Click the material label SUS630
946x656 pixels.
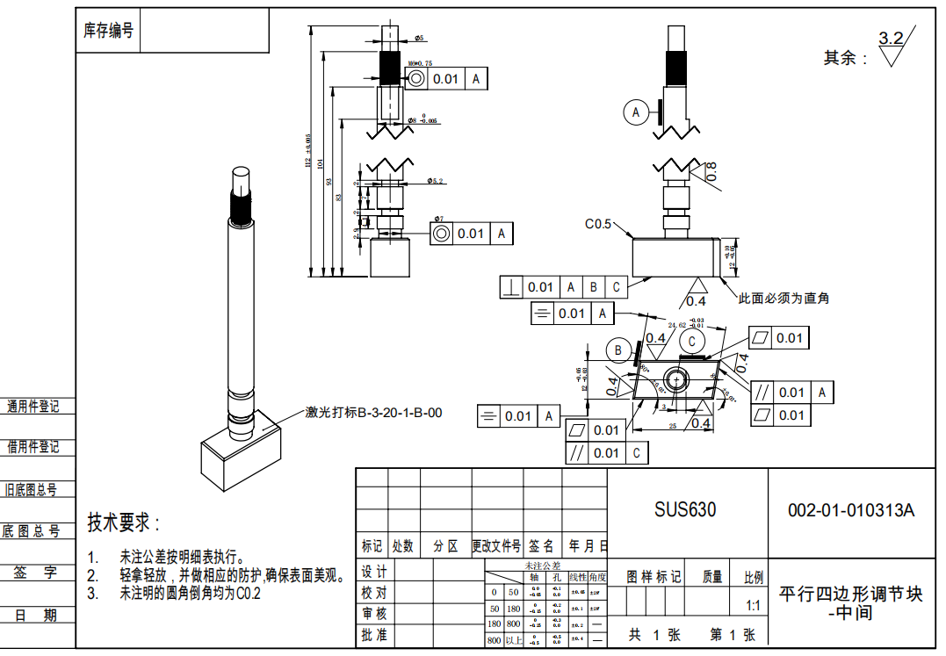[x=684, y=510]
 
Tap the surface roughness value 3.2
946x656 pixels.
[x=891, y=39]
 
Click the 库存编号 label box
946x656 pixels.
[x=108, y=32]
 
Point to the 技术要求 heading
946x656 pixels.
[x=123, y=523]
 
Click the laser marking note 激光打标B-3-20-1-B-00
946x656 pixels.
[x=373, y=413]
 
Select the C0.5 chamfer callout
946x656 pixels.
[x=598, y=224]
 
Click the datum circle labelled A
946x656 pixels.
[x=635, y=112]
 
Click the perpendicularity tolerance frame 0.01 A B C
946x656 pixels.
[x=563, y=287]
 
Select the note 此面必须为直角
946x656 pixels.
[x=784, y=299]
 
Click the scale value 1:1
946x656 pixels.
[x=753, y=606]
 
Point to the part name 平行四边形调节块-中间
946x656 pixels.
[x=851, y=602]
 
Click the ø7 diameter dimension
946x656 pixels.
[x=438, y=218]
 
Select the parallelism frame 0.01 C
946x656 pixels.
[x=606, y=453]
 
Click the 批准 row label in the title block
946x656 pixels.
[x=374, y=635]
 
